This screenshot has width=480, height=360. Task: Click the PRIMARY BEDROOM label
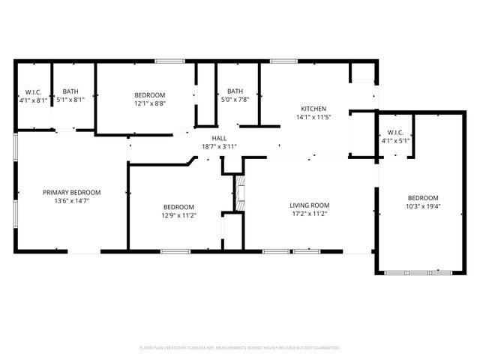pos(71,193)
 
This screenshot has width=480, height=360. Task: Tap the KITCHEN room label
pos(313,109)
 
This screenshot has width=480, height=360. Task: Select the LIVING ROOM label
pos(310,205)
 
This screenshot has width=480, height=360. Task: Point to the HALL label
pos(219,139)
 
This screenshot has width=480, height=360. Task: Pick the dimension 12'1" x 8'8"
pos(149,103)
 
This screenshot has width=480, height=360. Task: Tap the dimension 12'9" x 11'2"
pos(179,215)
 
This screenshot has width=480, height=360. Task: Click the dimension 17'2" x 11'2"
pos(310,214)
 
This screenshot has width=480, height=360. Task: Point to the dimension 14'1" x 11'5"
pos(313,117)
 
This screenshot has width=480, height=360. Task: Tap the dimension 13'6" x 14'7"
pos(71,201)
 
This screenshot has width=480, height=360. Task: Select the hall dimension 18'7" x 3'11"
pos(219,147)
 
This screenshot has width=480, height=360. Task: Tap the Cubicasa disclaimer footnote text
pos(240,348)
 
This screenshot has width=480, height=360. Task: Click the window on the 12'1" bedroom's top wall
pos(169,61)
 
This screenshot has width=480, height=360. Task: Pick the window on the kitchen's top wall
pos(283,61)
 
